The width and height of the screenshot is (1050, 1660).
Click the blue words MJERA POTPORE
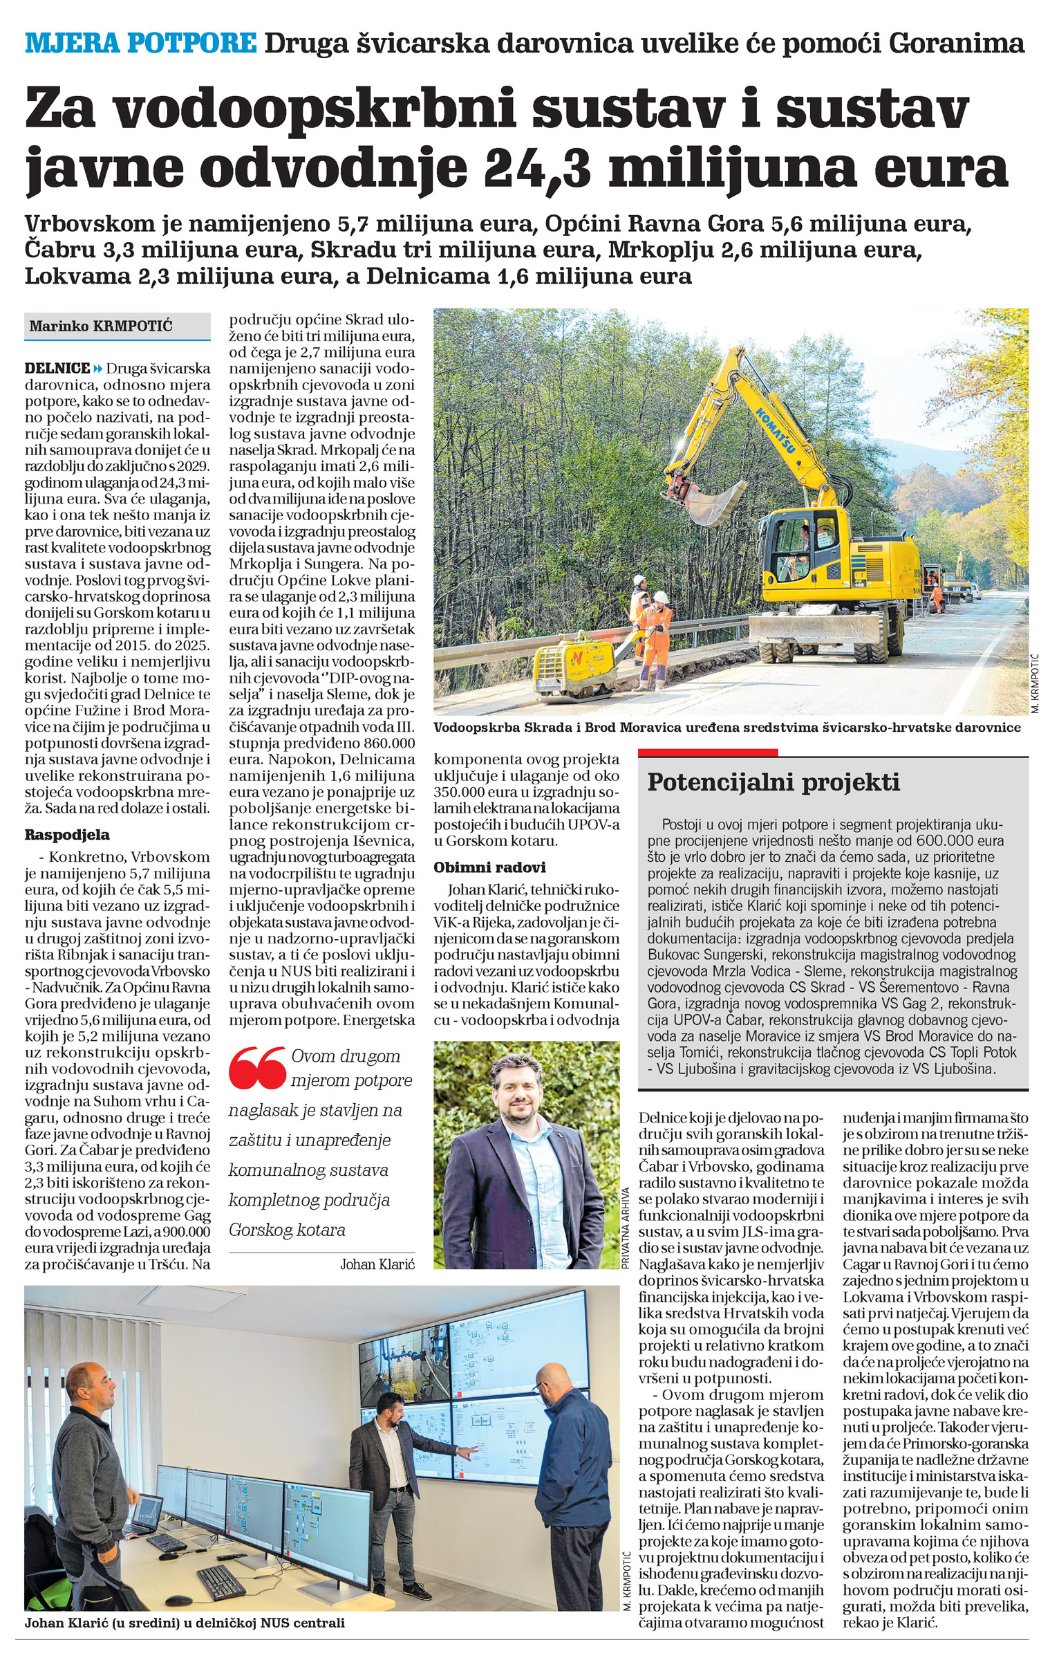(140, 44)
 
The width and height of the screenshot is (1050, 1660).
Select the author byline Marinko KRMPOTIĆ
(101, 325)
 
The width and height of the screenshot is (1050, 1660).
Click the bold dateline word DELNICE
(57, 368)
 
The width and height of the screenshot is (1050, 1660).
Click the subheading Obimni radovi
(489, 867)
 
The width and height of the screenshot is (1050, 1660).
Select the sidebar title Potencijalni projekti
(774, 782)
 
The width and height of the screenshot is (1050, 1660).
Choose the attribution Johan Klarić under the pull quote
(377, 1264)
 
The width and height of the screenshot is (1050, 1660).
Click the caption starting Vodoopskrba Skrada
(726, 728)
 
